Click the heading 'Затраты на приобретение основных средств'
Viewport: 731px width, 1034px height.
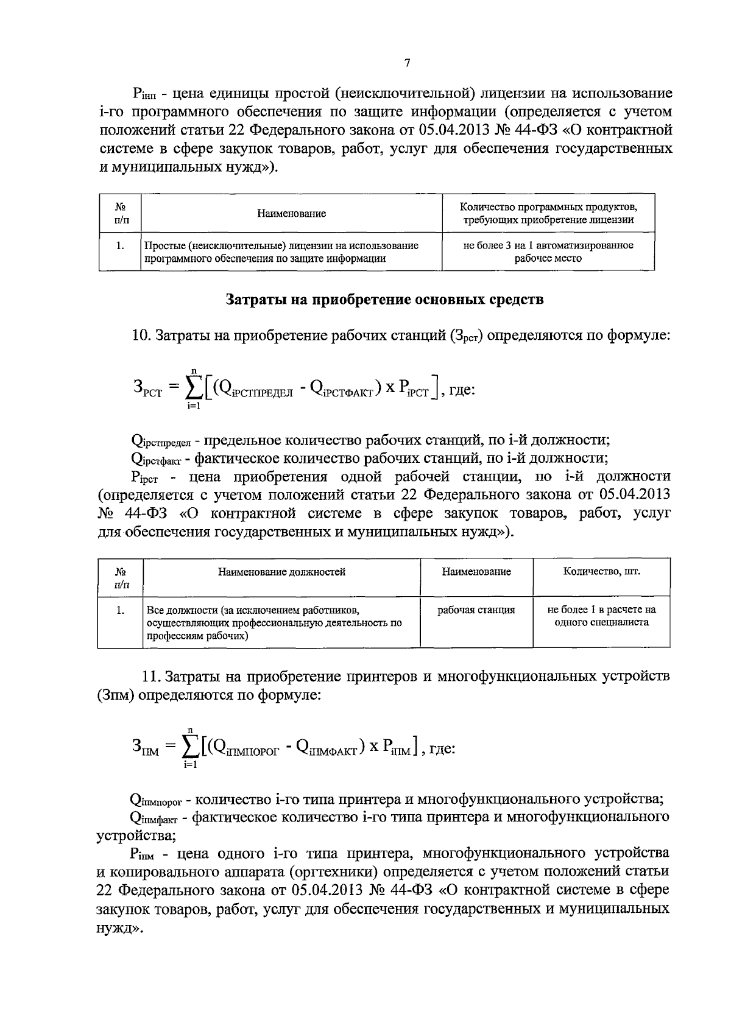[x=384, y=300]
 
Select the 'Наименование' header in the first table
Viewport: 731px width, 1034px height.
[x=291, y=214]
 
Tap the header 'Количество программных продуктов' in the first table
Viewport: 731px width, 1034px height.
[x=548, y=207]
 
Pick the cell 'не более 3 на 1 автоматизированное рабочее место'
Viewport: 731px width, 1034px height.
[x=548, y=251]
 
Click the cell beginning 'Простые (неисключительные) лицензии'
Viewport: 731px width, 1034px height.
[x=281, y=251]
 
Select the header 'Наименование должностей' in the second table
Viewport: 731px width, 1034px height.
[x=281, y=572]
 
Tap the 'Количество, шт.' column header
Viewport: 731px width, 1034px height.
[x=601, y=572]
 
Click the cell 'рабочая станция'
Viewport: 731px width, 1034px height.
[x=476, y=610]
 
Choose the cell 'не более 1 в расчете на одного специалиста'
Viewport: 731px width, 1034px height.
[x=601, y=616]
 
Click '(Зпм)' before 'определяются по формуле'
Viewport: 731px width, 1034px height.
[x=116, y=695]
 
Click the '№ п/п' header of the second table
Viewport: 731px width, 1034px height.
[x=121, y=578]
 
